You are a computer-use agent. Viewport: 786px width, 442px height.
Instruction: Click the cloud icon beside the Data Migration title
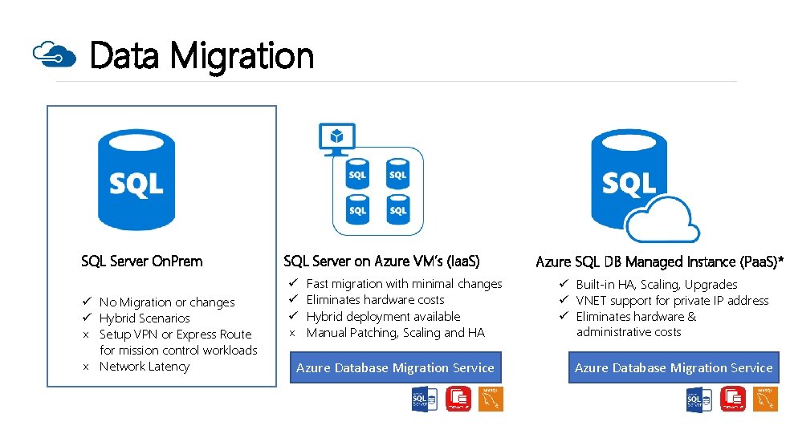[x=54, y=55]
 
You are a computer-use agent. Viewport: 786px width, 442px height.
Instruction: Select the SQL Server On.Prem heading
[x=142, y=261]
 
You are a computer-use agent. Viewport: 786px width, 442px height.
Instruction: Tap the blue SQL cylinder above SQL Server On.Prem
[x=136, y=180]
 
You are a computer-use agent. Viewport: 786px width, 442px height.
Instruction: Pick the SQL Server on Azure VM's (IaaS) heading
[x=381, y=261]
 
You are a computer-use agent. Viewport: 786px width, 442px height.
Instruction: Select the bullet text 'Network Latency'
[x=145, y=367]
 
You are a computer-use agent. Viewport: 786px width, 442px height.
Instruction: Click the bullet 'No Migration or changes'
[x=167, y=302]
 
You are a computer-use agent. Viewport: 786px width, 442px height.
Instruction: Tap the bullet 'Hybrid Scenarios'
[x=145, y=318]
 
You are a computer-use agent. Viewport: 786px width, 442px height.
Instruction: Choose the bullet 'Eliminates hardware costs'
[x=375, y=300]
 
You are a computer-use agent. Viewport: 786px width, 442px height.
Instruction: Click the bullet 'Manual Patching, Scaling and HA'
[x=395, y=333]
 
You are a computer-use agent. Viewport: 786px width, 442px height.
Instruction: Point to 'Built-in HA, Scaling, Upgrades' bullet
[x=656, y=285]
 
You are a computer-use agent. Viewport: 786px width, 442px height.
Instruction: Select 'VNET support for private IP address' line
[x=672, y=301]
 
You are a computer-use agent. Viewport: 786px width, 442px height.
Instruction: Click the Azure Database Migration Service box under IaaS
[x=395, y=368]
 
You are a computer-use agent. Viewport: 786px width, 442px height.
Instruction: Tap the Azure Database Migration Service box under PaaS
[x=674, y=368]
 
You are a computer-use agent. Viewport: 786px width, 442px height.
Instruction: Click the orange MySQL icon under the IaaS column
[x=491, y=399]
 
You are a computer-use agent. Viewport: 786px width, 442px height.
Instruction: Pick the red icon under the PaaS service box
[x=733, y=399]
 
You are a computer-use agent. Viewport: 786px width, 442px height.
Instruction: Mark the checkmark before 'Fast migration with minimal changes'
[x=294, y=284]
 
